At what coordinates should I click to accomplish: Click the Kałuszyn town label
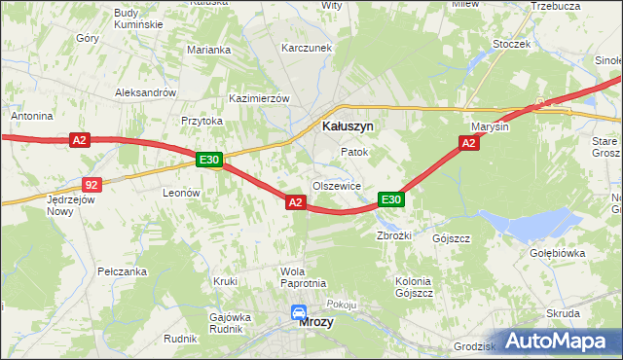[x=348, y=126]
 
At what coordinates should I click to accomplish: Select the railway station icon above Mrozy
[x=298, y=313]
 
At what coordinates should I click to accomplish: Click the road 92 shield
[x=92, y=183]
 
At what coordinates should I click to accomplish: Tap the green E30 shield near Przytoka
[x=209, y=160]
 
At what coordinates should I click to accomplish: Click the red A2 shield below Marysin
[x=468, y=143]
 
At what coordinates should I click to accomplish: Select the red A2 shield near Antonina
[x=80, y=141]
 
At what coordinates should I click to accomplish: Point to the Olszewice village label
[x=337, y=186]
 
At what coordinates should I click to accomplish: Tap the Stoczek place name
[x=511, y=44]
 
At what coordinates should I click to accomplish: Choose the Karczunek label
[x=301, y=48]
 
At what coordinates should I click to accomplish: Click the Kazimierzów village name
[x=259, y=99]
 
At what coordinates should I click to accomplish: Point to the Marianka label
[x=208, y=50]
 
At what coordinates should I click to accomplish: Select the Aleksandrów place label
[x=144, y=92]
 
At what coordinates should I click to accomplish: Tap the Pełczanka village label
[x=122, y=271]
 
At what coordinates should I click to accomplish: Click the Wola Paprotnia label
[x=302, y=276]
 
